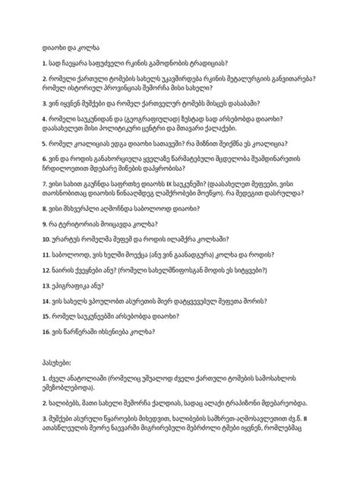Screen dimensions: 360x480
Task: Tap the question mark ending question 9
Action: point(156,242)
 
